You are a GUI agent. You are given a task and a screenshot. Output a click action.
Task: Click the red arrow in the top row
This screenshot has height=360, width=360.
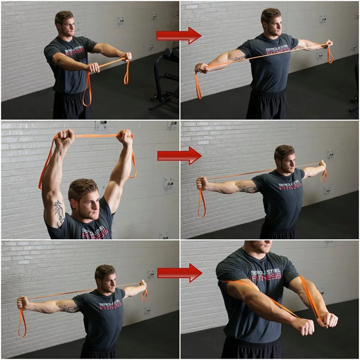pos(178,36)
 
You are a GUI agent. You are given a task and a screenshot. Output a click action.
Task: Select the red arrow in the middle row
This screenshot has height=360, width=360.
pos(179,156)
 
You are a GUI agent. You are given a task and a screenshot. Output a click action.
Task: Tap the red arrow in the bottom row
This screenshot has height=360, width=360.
pos(179,273)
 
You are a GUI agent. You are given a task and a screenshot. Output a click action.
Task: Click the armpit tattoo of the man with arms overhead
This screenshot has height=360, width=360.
pos(59,211)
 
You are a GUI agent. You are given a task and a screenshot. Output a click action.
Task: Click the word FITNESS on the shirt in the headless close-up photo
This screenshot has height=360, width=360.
pos(266,277)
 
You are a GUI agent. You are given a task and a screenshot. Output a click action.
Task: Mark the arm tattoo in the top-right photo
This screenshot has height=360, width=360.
pos(239,59)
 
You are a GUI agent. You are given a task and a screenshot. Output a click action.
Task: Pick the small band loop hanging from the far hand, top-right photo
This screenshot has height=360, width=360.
pos(330,55)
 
